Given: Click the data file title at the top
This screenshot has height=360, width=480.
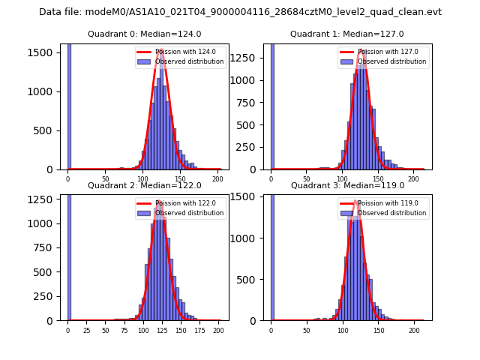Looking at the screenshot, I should click(x=240, y=12).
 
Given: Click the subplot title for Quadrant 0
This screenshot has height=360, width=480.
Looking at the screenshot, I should click(x=144, y=34).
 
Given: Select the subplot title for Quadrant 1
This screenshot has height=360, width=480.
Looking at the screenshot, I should click(x=347, y=34).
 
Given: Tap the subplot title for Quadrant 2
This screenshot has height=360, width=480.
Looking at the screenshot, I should click(x=144, y=185).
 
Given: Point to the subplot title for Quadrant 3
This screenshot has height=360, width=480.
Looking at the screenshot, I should click(x=347, y=185).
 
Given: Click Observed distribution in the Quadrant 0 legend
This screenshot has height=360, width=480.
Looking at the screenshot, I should click(x=189, y=61).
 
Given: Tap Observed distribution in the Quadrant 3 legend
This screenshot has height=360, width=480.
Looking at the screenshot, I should click(x=391, y=213).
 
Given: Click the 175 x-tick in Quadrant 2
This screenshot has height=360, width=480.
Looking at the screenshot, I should click(x=199, y=330).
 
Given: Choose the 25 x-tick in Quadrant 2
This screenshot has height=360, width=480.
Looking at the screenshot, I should click(x=86, y=330).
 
